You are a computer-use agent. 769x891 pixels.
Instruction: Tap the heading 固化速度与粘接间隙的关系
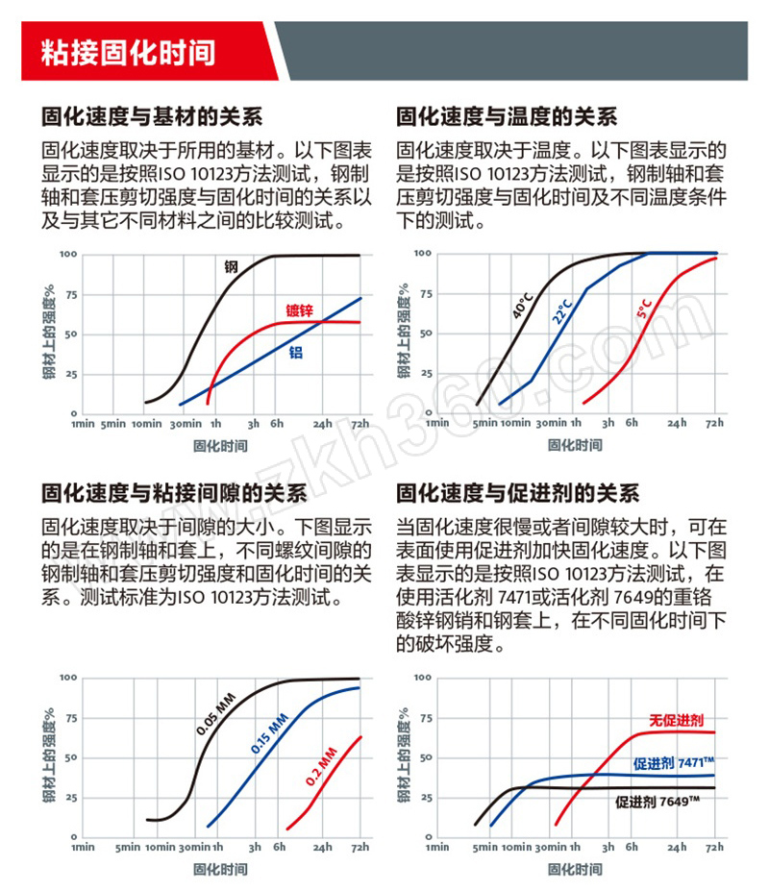pos(173,494)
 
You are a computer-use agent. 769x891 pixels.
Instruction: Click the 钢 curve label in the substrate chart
pos(231,266)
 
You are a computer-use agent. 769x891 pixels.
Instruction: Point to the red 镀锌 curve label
pos(299,310)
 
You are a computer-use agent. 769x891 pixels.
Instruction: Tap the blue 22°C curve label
pos(561,310)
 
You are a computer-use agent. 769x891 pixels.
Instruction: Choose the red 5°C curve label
pos(643,309)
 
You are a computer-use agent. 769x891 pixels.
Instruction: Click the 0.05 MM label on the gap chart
pos(215,715)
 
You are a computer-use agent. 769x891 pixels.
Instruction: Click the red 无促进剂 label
pos(677,719)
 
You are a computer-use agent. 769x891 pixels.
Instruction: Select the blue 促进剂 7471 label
pos(673,763)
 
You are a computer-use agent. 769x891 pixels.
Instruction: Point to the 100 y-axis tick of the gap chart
pos(68,678)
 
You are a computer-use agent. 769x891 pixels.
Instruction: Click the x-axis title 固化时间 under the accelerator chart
pos(575,869)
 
